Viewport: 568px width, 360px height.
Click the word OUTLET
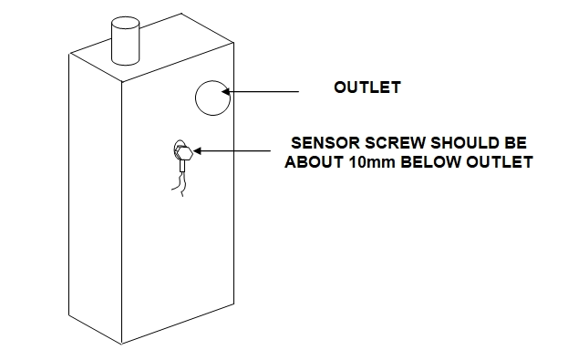tap(367, 88)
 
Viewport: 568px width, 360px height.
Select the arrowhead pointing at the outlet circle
tap(230, 91)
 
